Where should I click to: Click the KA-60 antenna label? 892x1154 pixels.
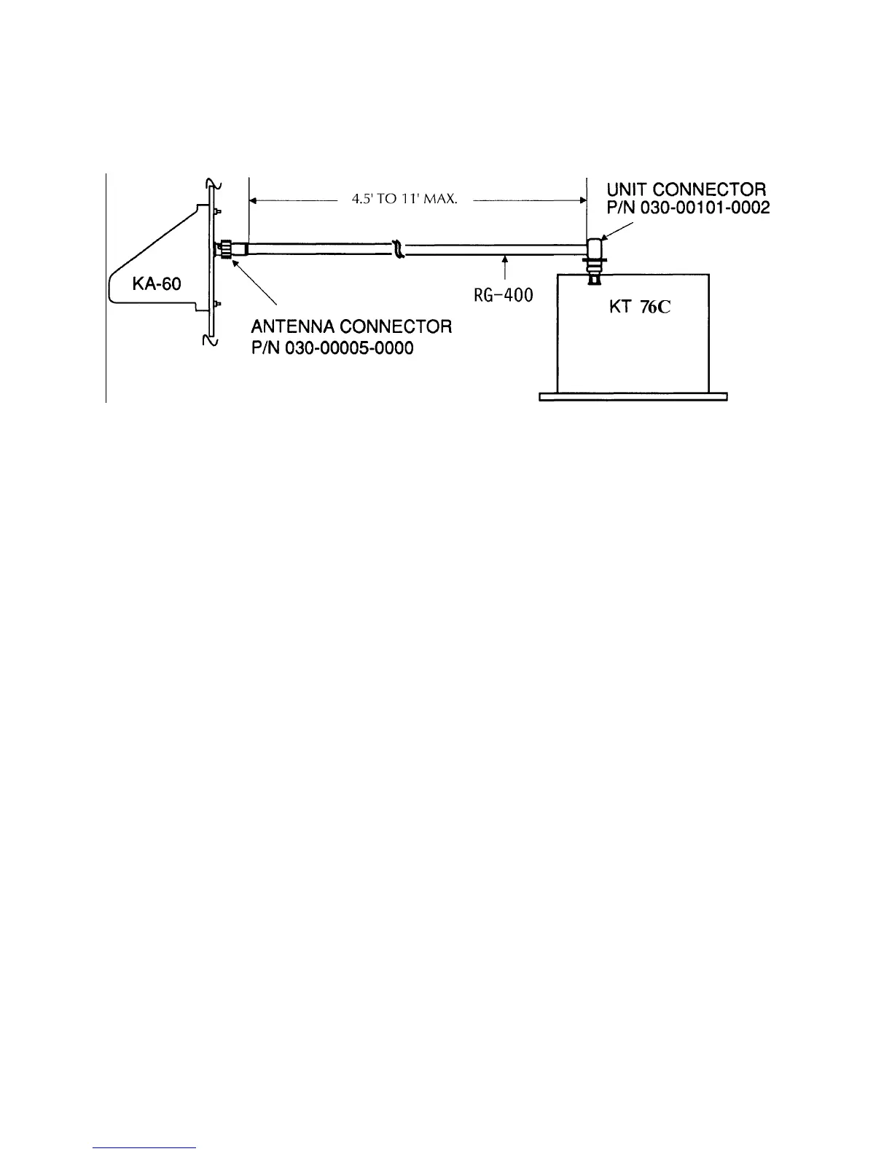(x=157, y=283)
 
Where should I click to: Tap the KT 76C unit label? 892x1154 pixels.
(x=639, y=307)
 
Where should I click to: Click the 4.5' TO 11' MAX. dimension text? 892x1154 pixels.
(x=404, y=199)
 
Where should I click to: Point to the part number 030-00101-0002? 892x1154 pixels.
(x=688, y=208)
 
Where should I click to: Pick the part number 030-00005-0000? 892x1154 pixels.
(x=332, y=348)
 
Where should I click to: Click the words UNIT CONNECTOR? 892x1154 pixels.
(x=686, y=191)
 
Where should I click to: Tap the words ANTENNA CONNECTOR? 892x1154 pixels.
(x=351, y=326)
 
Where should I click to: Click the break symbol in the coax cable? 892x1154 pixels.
(x=398, y=249)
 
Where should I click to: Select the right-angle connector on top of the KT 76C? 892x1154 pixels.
(x=596, y=251)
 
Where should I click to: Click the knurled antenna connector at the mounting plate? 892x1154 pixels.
(x=228, y=250)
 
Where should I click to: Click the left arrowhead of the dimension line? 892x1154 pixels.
(x=254, y=199)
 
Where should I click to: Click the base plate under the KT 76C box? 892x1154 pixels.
(x=633, y=397)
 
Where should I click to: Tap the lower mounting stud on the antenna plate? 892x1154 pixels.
(x=216, y=302)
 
